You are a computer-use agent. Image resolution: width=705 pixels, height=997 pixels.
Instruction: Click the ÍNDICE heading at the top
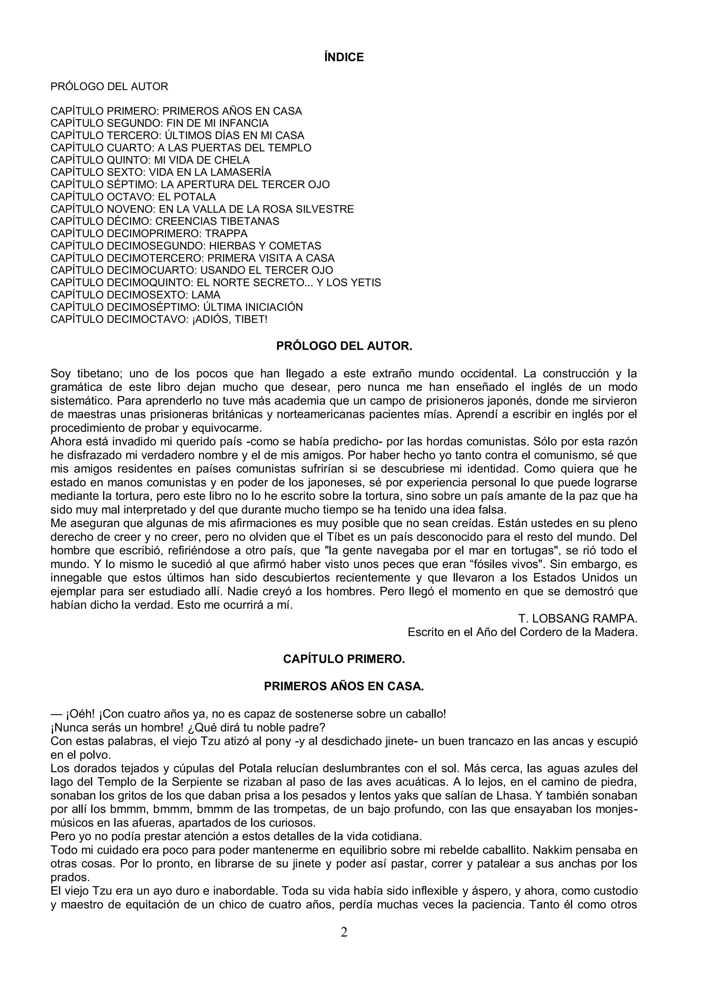point(344,57)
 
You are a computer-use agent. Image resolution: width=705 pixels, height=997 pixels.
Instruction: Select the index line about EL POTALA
point(133,197)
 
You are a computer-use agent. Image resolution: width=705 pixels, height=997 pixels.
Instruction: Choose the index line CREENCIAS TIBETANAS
point(165,221)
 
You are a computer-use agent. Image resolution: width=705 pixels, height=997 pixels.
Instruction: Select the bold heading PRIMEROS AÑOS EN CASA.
point(344,686)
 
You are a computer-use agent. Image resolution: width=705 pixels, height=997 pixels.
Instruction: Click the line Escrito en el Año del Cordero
point(523,632)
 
